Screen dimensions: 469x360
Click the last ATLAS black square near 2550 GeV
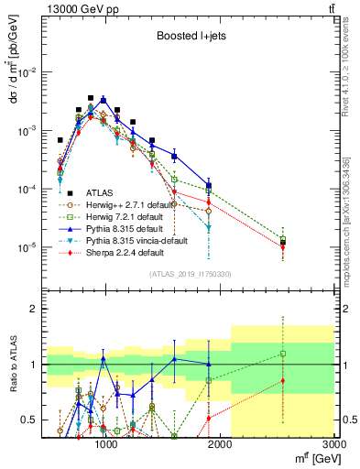tap(283, 243)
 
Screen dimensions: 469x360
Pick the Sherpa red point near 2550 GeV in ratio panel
tap(283, 381)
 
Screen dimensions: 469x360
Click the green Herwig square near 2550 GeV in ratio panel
tap(283, 354)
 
